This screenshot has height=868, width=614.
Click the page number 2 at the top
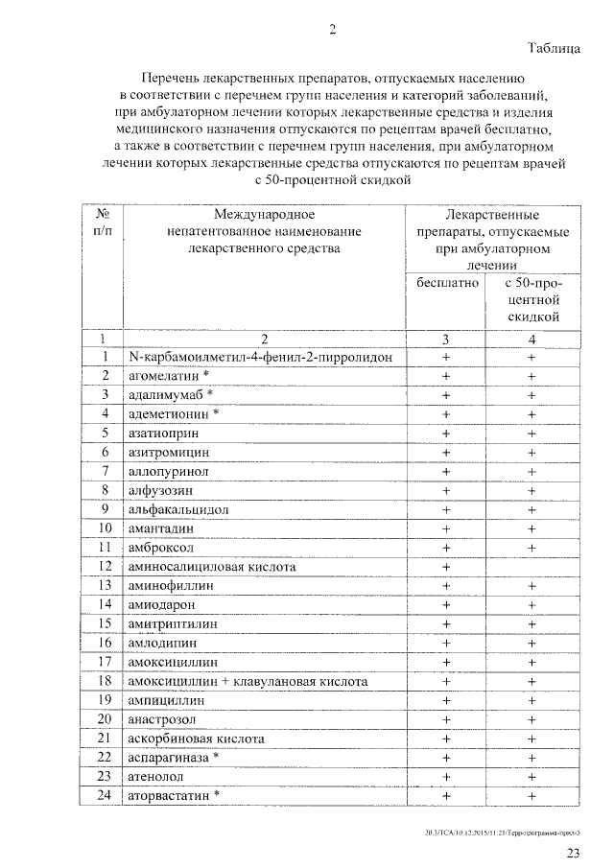[x=333, y=29]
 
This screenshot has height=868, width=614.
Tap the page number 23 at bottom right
[x=573, y=853]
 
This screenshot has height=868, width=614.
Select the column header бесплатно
[x=446, y=283]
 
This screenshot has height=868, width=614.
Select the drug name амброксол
[x=161, y=547]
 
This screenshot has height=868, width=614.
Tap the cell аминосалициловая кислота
[x=211, y=566]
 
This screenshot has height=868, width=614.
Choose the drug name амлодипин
[x=164, y=643]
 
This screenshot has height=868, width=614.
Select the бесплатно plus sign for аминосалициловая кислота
[x=446, y=566]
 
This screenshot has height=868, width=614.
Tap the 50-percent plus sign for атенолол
[x=531, y=776]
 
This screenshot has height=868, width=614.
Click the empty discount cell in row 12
[x=531, y=566]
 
